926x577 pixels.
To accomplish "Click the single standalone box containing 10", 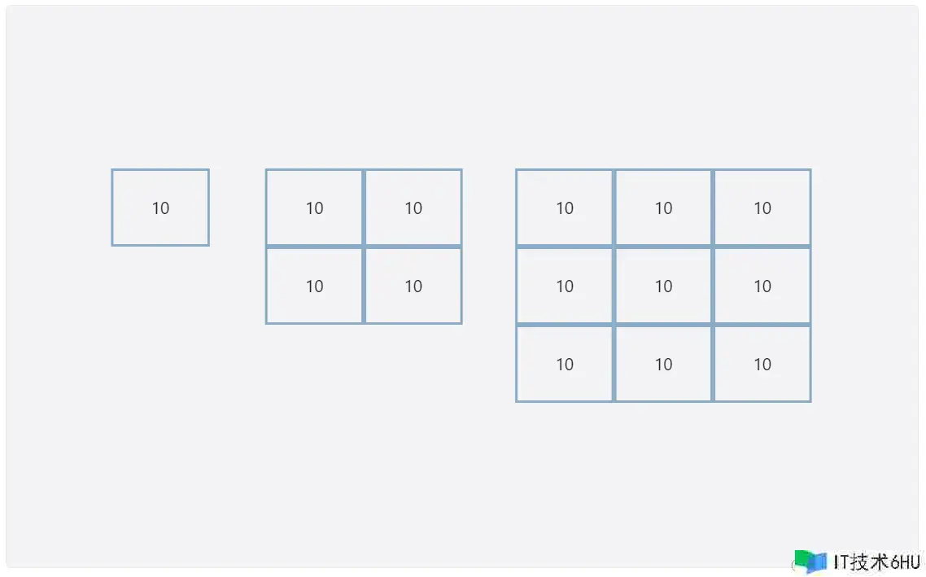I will (x=160, y=208).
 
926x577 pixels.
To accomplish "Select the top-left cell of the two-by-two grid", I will (x=314, y=208).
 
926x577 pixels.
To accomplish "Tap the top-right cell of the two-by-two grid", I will (x=413, y=208).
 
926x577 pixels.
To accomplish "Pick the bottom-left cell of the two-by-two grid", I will (x=314, y=286).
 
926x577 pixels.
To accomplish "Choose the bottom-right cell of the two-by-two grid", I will (x=413, y=286).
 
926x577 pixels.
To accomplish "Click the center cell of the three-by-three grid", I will (x=663, y=286).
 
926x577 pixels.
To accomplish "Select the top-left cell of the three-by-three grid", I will (x=565, y=208).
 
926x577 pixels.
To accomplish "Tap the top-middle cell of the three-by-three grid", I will (x=663, y=208).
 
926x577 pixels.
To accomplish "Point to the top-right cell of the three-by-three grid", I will (x=762, y=208).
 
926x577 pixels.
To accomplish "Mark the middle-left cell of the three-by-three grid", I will (x=565, y=286).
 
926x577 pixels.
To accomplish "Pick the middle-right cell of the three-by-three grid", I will (x=762, y=286).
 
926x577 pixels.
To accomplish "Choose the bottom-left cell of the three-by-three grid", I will (x=565, y=364).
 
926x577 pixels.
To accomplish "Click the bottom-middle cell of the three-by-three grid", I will (x=663, y=364).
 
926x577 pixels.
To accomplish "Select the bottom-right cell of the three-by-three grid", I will (x=762, y=364).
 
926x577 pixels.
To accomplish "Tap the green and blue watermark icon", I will (x=810, y=562).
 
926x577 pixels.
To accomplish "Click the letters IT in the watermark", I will (x=841, y=562).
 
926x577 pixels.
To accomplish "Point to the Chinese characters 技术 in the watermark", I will (x=870, y=562).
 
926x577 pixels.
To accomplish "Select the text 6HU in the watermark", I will (x=905, y=562).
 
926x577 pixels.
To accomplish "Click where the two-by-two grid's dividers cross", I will (x=364, y=247).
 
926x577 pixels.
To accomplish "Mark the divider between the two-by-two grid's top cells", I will (x=364, y=208).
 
